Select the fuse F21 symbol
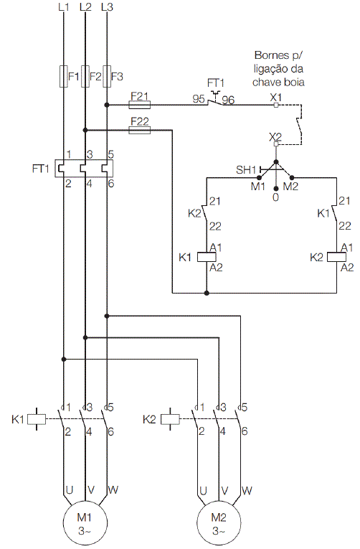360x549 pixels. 140,104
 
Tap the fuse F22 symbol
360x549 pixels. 140,130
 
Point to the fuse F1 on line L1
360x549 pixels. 64,76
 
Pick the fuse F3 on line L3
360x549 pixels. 107,76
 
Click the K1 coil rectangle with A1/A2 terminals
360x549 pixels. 207,257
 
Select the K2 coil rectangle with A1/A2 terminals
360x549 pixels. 336,257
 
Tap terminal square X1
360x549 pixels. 276,105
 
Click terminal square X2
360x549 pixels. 276,144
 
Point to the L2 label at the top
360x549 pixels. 85,7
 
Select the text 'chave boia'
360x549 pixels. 278,83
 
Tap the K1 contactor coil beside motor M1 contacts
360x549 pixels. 37,419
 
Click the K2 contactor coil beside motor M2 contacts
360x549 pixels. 171,419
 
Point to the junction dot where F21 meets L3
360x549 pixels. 107,105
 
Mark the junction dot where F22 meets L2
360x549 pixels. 85,130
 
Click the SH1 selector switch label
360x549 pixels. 246,170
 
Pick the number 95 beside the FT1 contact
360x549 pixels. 199,99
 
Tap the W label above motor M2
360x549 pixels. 247,491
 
